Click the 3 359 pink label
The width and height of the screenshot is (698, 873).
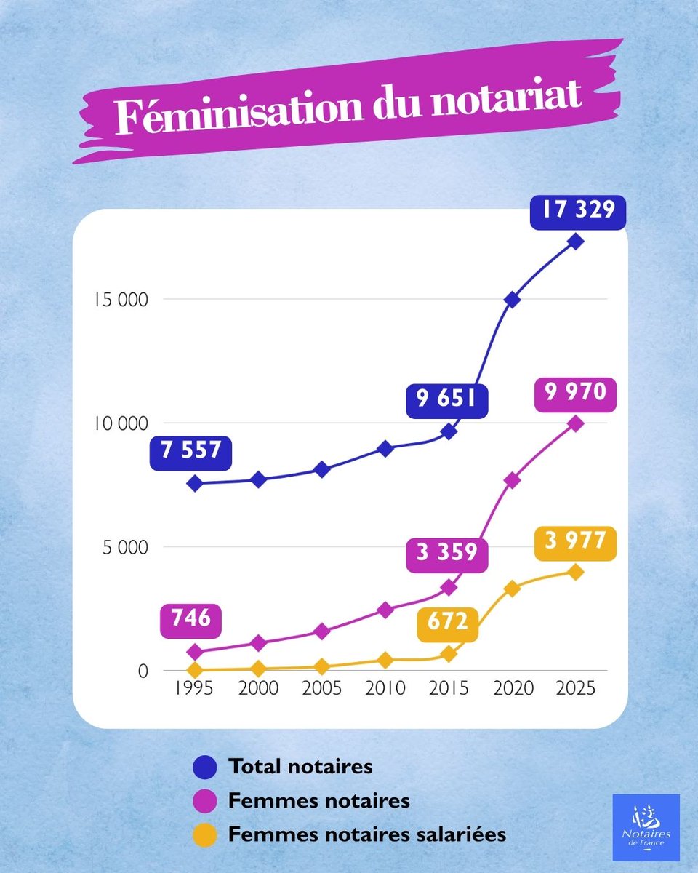447,553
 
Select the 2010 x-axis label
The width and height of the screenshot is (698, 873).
385,688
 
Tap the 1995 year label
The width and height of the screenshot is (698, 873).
194,688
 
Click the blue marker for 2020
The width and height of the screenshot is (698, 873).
512,300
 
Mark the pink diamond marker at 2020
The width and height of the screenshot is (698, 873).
512,480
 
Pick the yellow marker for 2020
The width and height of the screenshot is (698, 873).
512,589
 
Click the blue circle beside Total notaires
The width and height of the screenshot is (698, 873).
205,767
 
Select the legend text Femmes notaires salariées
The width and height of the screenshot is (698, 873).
366,834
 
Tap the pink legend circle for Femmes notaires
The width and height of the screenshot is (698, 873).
205,801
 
